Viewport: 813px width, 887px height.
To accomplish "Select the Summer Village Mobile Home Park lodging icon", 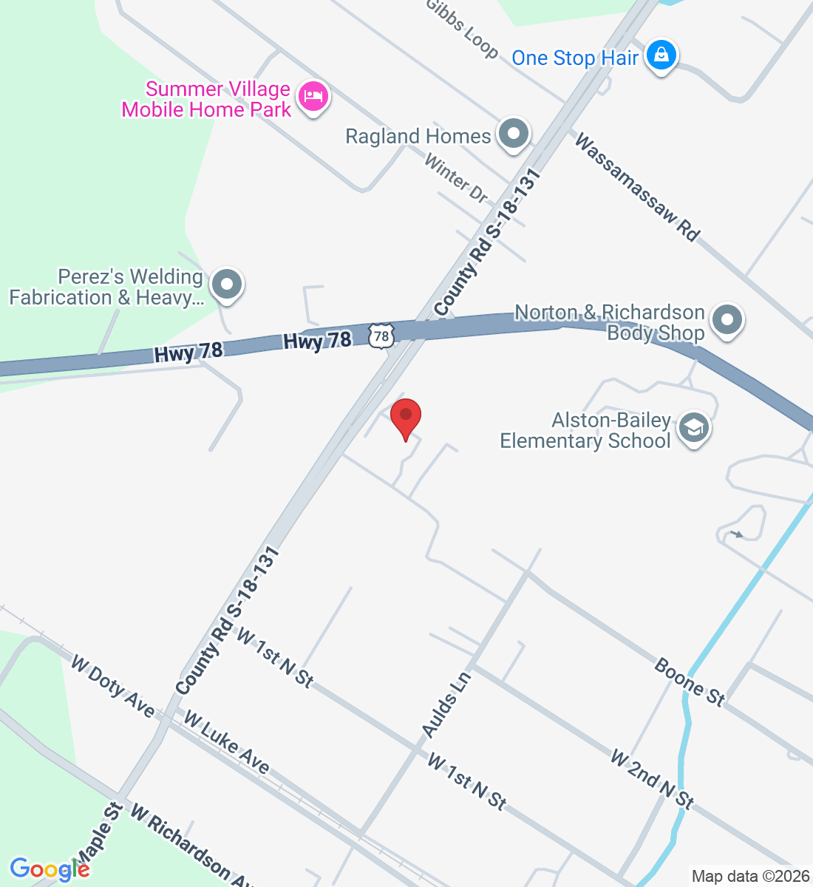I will (x=313, y=97).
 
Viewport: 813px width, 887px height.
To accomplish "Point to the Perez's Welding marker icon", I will (x=227, y=285).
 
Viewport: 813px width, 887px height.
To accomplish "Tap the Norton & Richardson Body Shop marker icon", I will (x=727, y=321).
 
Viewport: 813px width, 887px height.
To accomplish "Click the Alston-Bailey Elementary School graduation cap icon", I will (x=693, y=428).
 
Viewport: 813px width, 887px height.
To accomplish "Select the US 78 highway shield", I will (x=381, y=336).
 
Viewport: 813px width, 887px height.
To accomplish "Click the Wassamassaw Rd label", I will (x=636, y=188).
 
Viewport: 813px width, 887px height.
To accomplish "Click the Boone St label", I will (x=690, y=682).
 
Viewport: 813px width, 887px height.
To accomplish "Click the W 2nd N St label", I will (x=652, y=779).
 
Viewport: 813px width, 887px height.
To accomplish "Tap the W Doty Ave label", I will (x=112, y=686).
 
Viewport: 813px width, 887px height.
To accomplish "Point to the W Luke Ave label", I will (x=226, y=741).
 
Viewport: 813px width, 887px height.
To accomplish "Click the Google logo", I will (x=49, y=869).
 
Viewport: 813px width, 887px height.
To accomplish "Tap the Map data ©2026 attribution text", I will (x=750, y=877).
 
